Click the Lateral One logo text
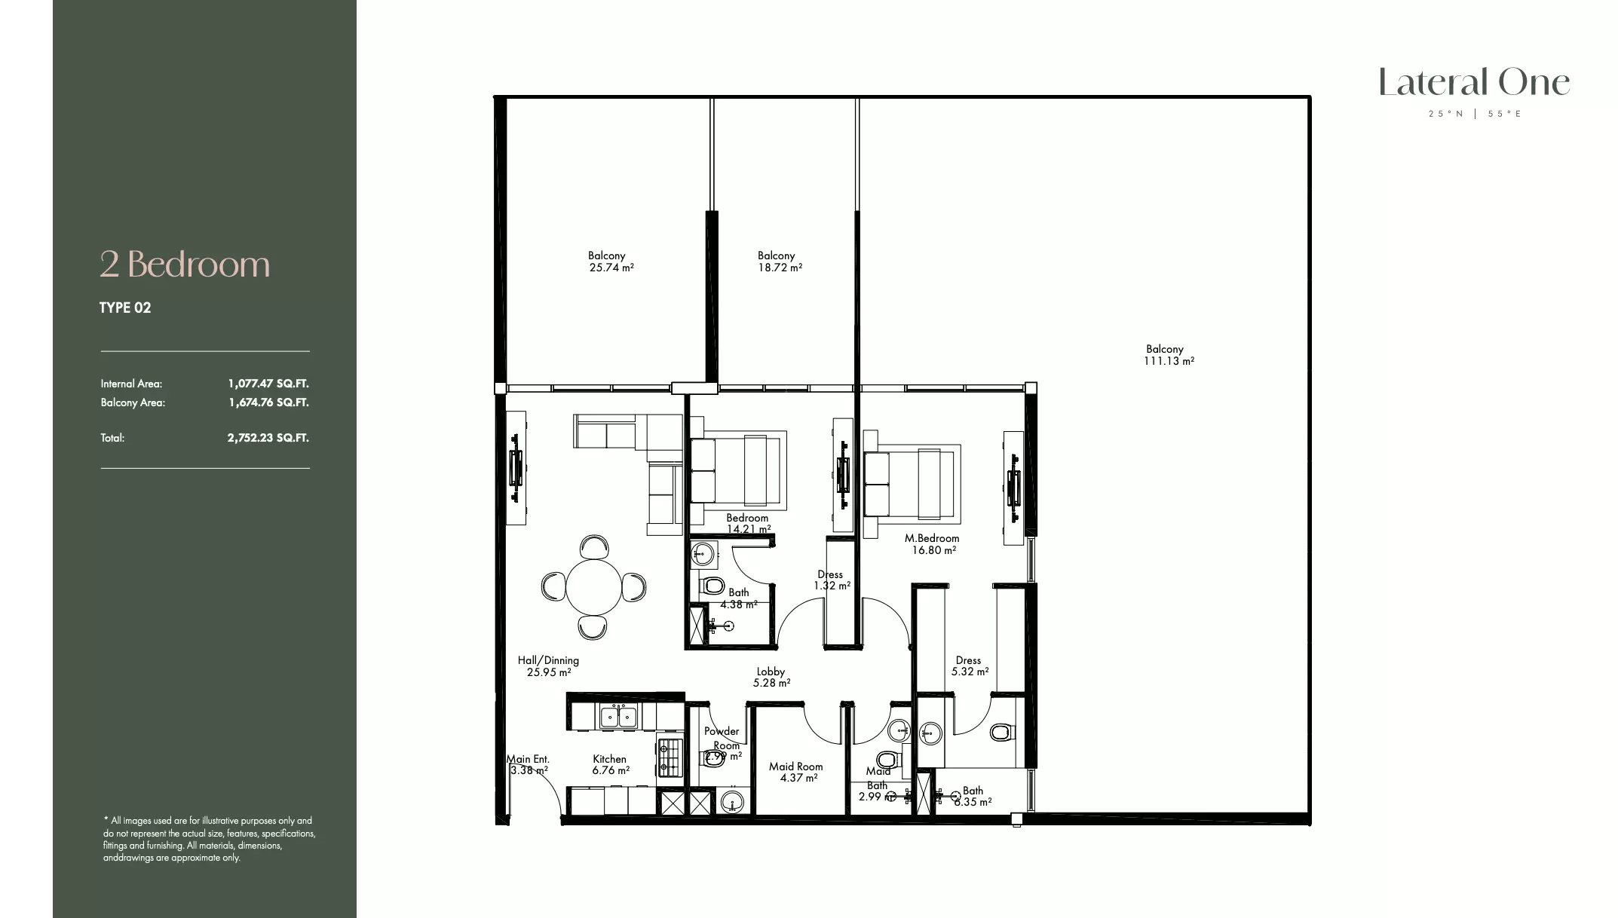point(1474,83)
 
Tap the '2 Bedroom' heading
point(185,265)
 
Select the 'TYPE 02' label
point(125,308)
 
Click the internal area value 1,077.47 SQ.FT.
point(268,384)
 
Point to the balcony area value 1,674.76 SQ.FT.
point(268,402)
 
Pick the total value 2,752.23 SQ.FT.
point(268,438)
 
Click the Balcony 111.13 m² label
point(1168,355)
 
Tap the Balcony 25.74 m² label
point(610,262)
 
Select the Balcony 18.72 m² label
point(779,262)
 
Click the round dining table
point(593,587)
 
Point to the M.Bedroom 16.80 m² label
point(933,544)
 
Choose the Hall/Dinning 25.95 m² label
point(548,666)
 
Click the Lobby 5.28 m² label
point(771,677)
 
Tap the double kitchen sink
point(619,716)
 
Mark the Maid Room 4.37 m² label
point(796,772)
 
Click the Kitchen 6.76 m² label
point(610,764)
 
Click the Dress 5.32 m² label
point(969,666)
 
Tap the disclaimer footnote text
point(209,839)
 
